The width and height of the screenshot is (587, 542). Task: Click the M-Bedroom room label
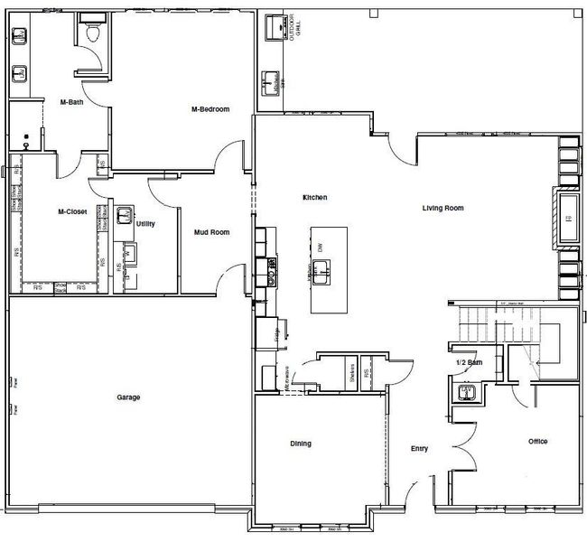pyautogui.click(x=210, y=109)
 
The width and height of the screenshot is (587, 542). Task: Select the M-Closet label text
pyautogui.click(x=72, y=212)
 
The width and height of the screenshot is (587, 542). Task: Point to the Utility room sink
pyautogui.click(x=125, y=215)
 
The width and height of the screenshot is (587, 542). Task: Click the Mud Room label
pyautogui.click(x=211, y=232)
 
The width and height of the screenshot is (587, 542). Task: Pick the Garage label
pyautogui.click(x=128, y=397)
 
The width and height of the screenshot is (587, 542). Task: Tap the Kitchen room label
pyautogui.click(x=314, y=197)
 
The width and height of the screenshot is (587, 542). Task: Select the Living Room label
pyautogui.click(x=443, y=208)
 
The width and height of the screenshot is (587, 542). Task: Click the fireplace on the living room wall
pyautogui.click(x=568, y=218)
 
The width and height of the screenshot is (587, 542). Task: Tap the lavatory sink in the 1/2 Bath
pyautogui.click(x=467, y=393)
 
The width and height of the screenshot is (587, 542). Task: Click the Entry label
pyautogui.click(x=419, y=449)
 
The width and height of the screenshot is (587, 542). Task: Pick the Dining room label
pyautogui.click(x=301, y=444)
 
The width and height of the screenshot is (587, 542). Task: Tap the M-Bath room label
pyautogui.click(x=71, y=102)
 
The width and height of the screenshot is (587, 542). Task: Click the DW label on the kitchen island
pyautogui.click(x=320, y=246)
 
